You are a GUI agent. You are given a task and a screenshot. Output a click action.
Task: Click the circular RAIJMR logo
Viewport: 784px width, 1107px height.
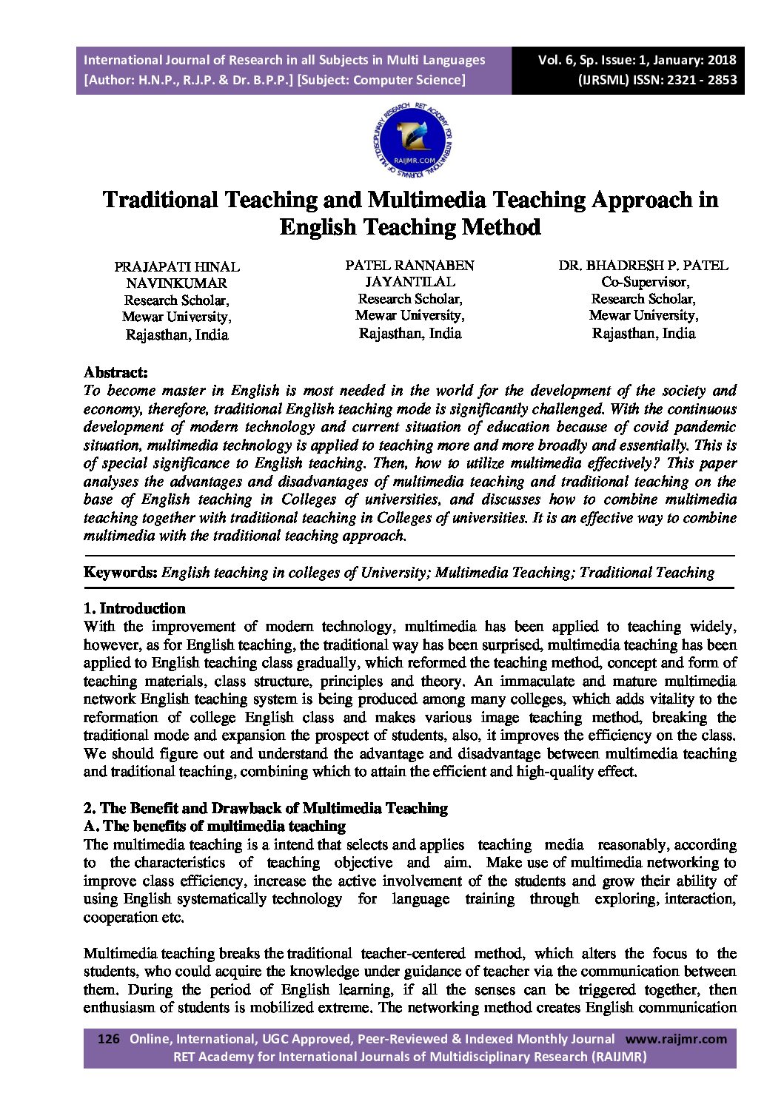tap(413, 139)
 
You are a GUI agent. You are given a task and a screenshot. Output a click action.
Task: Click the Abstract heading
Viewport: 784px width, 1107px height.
tap(115, 372)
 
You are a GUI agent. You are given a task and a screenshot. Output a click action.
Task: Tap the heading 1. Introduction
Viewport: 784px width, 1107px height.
tap(134, 608)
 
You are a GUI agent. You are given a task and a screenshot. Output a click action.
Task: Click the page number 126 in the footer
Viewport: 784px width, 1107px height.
tap(109, 1039)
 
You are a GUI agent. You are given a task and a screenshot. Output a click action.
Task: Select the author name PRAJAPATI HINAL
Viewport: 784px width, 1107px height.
tap(177, 266)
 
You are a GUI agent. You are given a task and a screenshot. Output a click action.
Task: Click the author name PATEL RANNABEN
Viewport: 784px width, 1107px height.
tap(409, 265)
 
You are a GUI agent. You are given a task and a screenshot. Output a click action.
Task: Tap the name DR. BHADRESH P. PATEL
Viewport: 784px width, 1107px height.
tap(643, 265)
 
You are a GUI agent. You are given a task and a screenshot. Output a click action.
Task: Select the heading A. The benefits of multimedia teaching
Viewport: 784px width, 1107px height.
tap(215, 826)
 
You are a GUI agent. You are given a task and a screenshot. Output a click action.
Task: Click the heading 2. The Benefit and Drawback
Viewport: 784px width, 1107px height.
tap(266, 808)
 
